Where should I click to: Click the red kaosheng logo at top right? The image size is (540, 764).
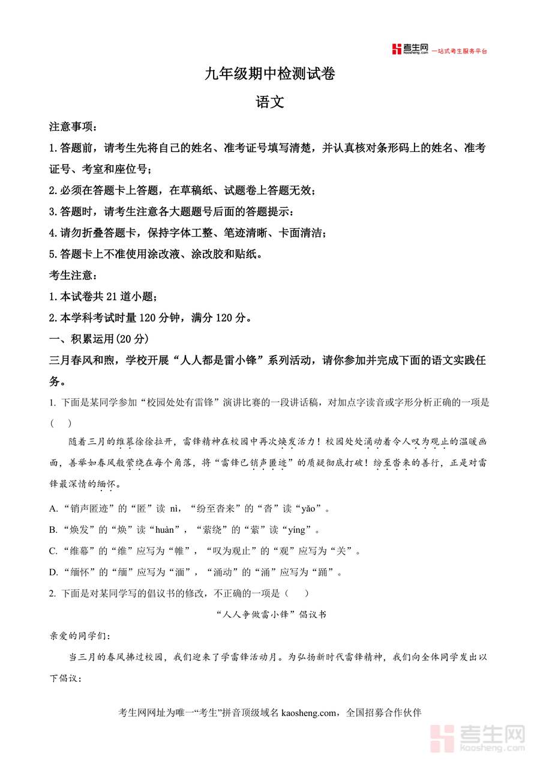pyautogui.click(x=410, y=49)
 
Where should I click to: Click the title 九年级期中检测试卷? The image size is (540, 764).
pyautogui.click(x=269, y=74)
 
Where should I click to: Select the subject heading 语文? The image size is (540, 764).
pyautogui.click(x=269, y=102)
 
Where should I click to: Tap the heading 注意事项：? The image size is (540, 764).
pyautogui.click(x=73, y=127)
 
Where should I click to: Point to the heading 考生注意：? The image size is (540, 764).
pyautogui.click(x=73, y=275)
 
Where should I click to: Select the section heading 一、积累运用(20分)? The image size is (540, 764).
pyautogui.click(x=98, y=339)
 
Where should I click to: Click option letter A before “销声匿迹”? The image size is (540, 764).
pyautogui.click(x=53, y=509)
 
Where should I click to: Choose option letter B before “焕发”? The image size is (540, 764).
pyautogui.click(x=53, y=530)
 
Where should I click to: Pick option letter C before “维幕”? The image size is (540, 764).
pyautogui.click(x=53, y=551)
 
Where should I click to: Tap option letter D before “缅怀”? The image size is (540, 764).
pyautogui.click(x=53, y=572)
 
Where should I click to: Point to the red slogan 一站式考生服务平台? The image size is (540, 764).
pyautogui.click(x=460, y=51)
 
